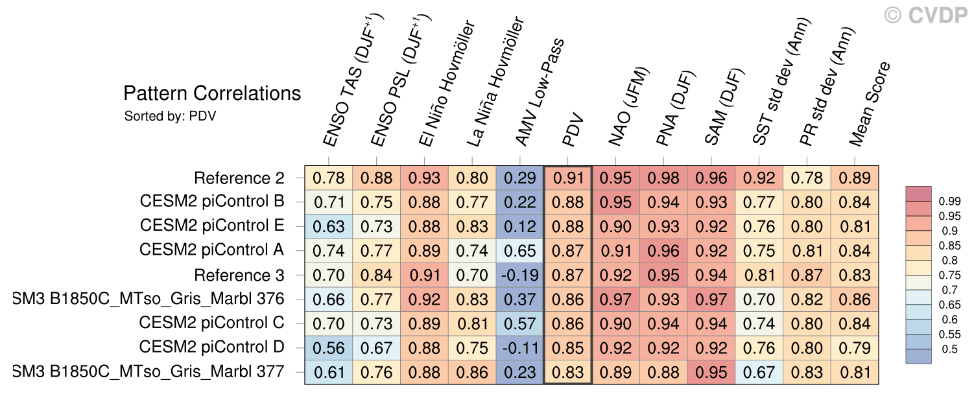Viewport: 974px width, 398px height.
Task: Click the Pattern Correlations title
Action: coord(212,93)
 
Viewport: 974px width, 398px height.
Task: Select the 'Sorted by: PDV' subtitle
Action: coord(170,117)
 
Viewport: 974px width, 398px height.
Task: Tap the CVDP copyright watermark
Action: coord(926,16)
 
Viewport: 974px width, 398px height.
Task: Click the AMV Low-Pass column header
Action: coord(539,92)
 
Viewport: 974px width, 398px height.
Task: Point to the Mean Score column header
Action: coord(870,104)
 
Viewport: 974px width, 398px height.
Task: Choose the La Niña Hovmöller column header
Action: coord(495,82)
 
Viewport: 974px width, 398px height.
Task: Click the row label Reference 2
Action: coord(239,178)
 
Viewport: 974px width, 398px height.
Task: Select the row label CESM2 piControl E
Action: coord(212,226)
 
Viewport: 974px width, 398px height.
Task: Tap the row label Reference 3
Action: coord(239,275)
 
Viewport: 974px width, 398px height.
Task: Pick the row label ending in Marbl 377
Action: coord(148,372)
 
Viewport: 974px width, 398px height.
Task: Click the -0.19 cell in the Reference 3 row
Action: coord(520,275)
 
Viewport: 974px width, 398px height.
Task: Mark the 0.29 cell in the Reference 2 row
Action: coord(520,178)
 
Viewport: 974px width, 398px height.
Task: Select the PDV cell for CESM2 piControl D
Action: coord(568,348)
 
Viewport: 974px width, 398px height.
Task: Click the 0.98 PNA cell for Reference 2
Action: coord(663,178)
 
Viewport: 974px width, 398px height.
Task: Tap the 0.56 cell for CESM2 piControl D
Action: coord(329,348)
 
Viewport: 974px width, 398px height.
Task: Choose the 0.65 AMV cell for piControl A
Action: coord(520,251)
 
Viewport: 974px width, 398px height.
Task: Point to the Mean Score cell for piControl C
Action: coord(855,323)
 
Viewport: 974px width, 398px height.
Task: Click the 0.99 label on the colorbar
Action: coord(949,202)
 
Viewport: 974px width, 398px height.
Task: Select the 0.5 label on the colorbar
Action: coord(949,349)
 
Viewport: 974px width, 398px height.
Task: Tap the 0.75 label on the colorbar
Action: coord(949,275)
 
